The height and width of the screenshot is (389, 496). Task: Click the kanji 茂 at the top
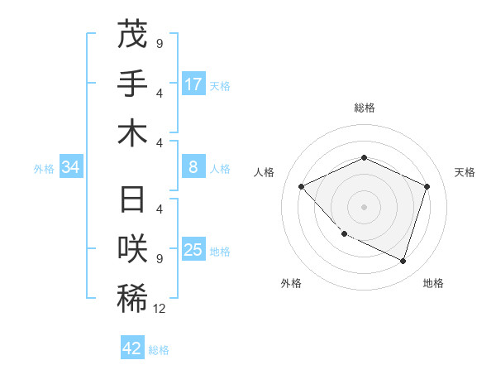point(132,35)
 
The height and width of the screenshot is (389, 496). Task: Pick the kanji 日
point(132,200)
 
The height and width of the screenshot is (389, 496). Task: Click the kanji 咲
point(132,248)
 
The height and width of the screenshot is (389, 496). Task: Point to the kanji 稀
point(132,298)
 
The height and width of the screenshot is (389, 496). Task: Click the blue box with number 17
point(193,84)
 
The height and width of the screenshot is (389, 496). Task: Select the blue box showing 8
point(193,168)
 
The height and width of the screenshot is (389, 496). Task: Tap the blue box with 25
point(193,251)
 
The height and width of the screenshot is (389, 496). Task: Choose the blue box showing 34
point(71,168)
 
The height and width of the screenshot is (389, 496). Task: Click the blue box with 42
point(132,348)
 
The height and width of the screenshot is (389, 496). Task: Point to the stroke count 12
point(160,309)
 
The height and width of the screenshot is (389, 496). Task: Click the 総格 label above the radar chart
point(364,108)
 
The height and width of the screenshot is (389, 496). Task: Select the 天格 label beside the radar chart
point(465,172)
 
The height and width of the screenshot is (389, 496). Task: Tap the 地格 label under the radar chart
point(433,283)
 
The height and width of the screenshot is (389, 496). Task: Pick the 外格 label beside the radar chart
point(291,283)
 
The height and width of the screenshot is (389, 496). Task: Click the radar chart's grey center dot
point(364,206)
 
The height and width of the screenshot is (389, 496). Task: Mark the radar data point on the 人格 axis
point(302,186)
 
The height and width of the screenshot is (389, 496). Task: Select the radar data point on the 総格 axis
point(364,157)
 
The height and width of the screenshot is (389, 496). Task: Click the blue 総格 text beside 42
point(159,350)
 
